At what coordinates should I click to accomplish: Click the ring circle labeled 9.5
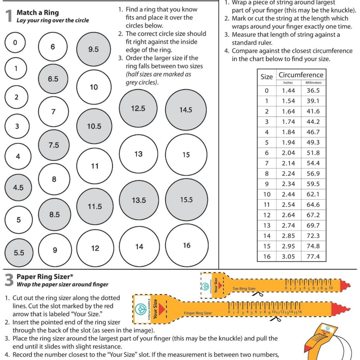93,49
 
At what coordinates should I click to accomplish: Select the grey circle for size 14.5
186,110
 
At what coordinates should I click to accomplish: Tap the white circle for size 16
186,246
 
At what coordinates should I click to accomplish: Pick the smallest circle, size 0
15,42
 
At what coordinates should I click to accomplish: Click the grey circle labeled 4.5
18,188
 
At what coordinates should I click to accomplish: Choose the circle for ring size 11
95,166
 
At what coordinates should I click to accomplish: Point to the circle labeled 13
139,154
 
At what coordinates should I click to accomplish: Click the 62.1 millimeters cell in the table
313,194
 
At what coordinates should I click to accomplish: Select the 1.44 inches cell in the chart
288,91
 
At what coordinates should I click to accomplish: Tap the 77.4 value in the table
313,257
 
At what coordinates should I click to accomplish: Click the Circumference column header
301,75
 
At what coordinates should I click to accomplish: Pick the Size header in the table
267,77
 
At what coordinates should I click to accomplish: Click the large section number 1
9,17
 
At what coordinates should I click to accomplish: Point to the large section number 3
9,281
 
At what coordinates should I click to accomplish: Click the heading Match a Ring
37,13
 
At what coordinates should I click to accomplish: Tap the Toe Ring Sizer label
244,289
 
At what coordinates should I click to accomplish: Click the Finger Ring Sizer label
198,313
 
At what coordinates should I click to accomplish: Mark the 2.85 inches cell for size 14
288,236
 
